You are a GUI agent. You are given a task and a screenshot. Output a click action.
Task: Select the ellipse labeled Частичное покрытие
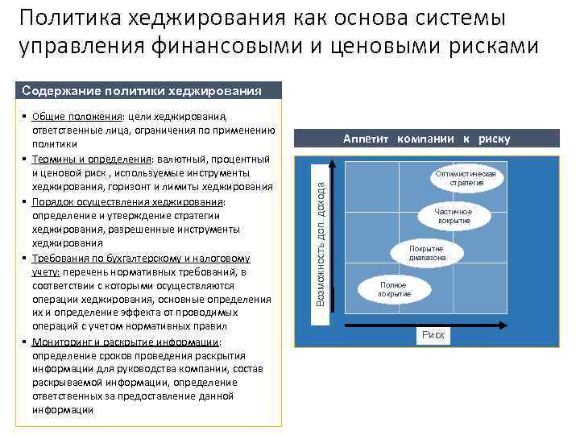(454, 216)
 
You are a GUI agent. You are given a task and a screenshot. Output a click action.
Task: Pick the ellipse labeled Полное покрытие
(394, 289)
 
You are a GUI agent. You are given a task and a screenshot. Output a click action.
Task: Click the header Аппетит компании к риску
(426, 139)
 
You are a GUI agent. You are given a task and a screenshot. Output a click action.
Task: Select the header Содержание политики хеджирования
(141, 90)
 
